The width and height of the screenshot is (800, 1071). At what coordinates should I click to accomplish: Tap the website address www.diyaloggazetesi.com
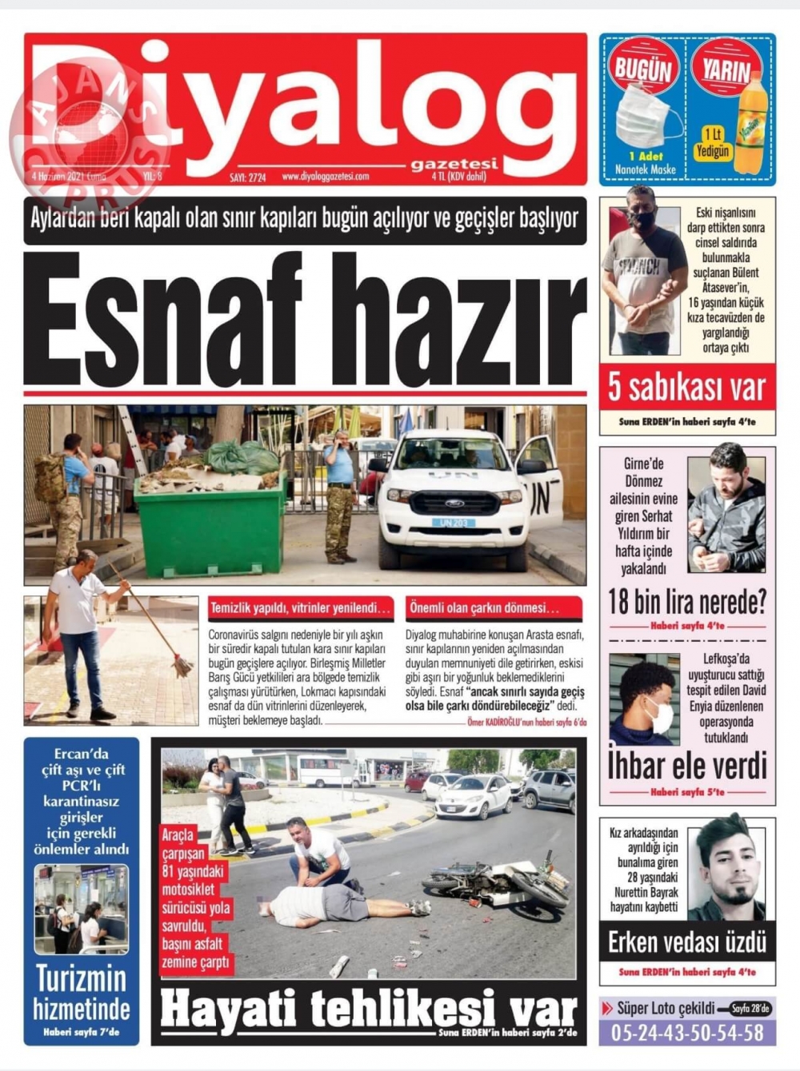[x=325, y=177]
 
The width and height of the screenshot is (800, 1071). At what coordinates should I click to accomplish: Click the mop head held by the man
[x=182, y=665]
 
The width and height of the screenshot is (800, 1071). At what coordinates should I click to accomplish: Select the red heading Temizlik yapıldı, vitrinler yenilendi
[x=300, y=608]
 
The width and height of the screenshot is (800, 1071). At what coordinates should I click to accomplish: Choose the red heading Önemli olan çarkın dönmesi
[x=484, y=608]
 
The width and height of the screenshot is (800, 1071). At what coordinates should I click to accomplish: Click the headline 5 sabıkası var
[x=686, y=388]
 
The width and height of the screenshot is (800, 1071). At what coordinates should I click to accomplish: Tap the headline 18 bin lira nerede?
[x=686, y=601]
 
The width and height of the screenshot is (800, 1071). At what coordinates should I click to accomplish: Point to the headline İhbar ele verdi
[x=686, y=766]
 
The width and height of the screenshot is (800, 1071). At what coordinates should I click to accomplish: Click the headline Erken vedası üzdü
[x=686, y=942]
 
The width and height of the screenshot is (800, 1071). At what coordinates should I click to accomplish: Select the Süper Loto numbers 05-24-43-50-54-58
[x=686, y=1033]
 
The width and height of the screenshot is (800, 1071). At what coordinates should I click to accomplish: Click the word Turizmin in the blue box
[x=81, y=978]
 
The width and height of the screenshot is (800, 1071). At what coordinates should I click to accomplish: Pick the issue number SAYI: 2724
[x=247, y=177]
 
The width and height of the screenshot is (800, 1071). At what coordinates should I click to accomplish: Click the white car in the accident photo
[x=473, y=795]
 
